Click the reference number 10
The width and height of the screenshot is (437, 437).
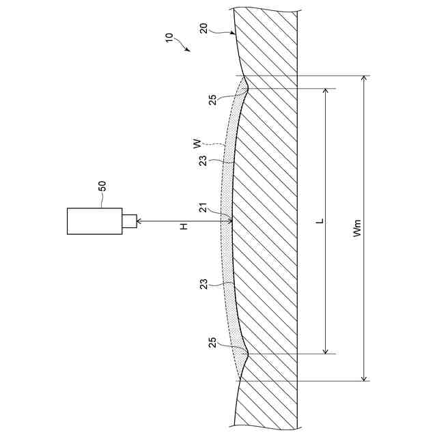pos(169,38)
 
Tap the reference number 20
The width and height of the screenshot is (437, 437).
pos(203,29)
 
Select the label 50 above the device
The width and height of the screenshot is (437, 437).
pos(102,186)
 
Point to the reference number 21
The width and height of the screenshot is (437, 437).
pos(203,208)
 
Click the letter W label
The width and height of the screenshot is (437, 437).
pos(197,143)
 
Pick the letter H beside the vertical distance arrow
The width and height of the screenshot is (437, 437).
pos(184,226)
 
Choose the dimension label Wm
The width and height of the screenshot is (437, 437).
pos(356,228)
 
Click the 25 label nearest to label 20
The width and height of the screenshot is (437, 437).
pos(212,100)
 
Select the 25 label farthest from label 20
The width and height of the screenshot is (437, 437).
pos(212,343)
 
